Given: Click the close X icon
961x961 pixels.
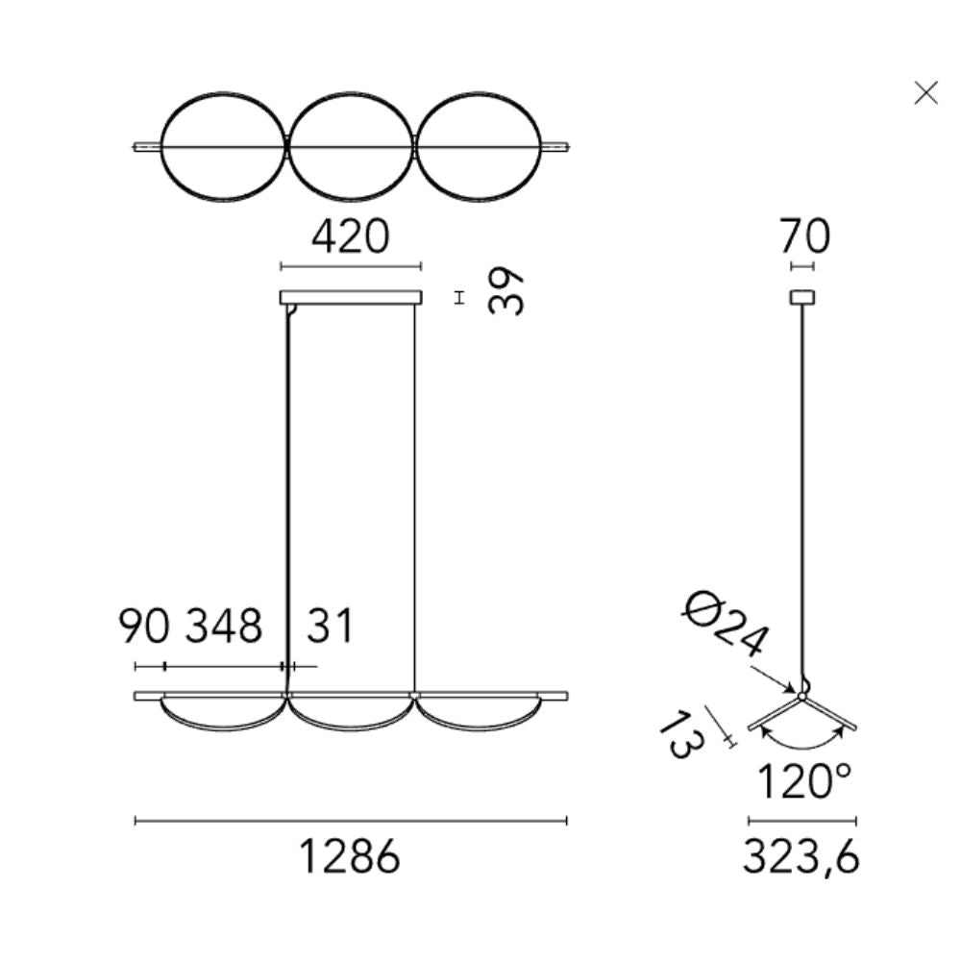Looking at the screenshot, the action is click(925, 93).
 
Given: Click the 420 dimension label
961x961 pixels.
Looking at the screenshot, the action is click(350, 236).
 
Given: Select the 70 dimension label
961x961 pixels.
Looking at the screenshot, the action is click(804, 236).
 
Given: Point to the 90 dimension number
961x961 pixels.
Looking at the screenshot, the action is click(143, 626).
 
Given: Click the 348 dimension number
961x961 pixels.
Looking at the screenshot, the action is click(224, 626).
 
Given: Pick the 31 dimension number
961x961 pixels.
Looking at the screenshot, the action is click(330, 626).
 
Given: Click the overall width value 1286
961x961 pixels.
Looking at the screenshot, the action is click(350, 856).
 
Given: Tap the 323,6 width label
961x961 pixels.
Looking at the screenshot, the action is click(801, 856).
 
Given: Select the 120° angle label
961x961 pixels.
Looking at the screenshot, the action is click(804, 780).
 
